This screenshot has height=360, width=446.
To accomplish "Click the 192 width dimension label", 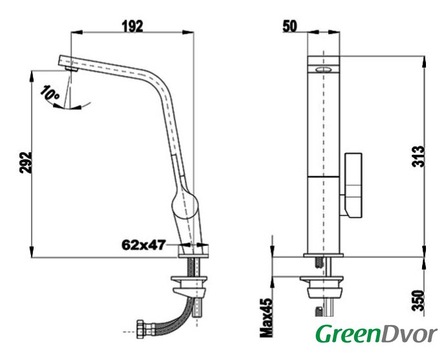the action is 133,27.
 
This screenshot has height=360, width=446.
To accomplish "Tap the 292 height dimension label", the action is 25,163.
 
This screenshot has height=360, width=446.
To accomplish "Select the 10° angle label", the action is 49,93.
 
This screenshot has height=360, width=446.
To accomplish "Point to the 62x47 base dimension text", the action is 143,245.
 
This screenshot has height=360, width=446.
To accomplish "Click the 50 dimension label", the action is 289,27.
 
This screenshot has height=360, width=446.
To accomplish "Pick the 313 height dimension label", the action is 418,157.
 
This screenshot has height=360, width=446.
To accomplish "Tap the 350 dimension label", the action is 418,300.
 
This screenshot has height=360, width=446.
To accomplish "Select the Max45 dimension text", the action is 266,318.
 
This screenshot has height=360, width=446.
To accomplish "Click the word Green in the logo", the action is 348,334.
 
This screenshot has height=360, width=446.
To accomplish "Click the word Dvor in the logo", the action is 408,334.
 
